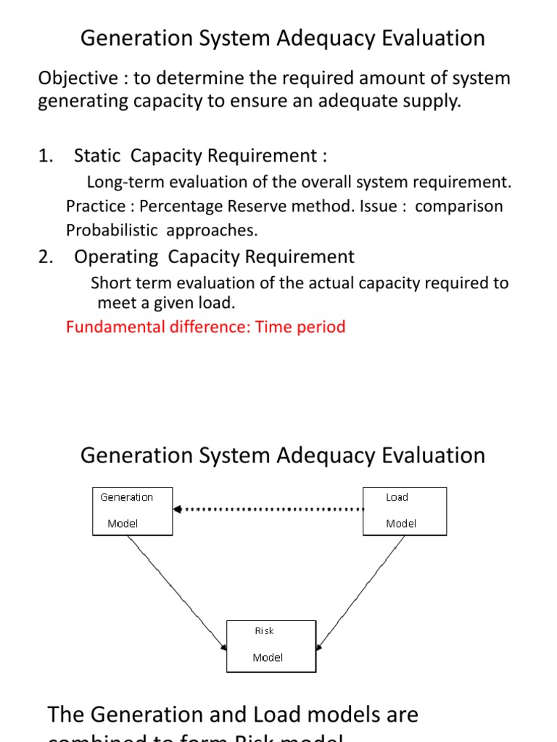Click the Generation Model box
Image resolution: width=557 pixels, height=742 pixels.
point(133,511)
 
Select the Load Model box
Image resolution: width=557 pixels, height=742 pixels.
point(404,511)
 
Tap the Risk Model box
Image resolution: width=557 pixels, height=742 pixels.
point(271,646)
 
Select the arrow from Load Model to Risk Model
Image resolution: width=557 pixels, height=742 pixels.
point(361,591)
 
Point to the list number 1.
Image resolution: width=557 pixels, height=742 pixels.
point(45,156)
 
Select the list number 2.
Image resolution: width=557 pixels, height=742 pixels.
point(45,257)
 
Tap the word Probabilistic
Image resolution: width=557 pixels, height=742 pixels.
point(112,230)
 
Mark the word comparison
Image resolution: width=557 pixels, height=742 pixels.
point(459,206)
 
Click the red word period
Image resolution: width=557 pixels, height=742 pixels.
point(322,327)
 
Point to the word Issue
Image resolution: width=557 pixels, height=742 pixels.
point(378,206)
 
